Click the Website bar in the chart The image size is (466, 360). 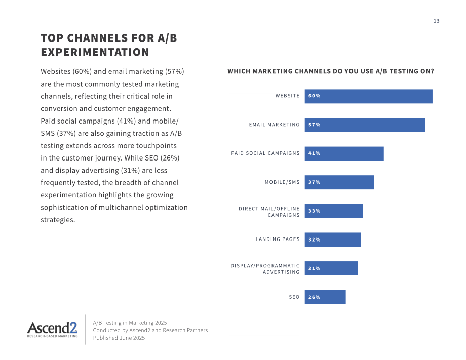(369, 96)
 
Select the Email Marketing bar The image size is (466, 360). (365, 125)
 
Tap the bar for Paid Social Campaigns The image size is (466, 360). (344, 153)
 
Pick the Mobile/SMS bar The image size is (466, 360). (339, 182)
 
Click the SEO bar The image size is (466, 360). (325, 297)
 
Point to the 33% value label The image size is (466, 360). (314, 211)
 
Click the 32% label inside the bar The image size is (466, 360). (314, 239)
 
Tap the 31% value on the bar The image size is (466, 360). (314, 268)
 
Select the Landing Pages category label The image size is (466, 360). (278, 239)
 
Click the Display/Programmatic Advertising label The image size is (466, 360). (265, 269)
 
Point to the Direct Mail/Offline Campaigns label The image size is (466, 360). (269, 212)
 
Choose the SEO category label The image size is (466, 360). (294, 297)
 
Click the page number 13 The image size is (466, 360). (436, 21)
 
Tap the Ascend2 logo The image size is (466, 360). (52, 330)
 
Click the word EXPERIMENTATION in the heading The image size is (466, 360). (95, 52)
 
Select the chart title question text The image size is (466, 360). (330, 71)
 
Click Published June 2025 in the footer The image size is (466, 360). (119, 338)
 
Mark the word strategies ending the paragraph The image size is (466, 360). (58, 220)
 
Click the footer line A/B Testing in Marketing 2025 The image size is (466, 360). (130, 323)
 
